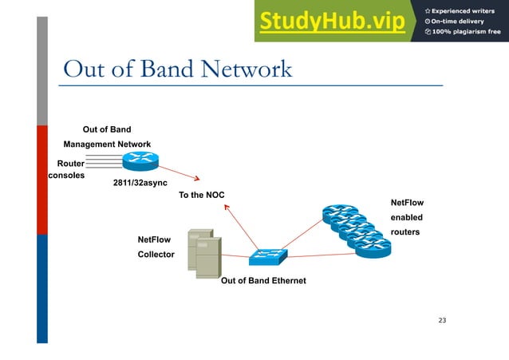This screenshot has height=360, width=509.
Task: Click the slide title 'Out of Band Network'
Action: point(177,69)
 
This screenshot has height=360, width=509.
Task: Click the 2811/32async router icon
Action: point(140,162)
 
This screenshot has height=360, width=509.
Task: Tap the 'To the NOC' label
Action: point(201,195)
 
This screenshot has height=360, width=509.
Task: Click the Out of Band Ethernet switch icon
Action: point(267,257)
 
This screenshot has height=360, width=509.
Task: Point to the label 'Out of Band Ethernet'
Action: point(262,281)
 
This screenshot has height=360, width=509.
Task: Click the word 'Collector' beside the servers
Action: point(156,254)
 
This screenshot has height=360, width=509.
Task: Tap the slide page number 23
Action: point(443,321)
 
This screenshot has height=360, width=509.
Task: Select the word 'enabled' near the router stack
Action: point(406,217)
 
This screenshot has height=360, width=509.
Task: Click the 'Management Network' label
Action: point(107,144)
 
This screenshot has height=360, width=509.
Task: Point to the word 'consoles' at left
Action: point(67,175)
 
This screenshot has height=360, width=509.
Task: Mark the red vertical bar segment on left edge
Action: point(42,180)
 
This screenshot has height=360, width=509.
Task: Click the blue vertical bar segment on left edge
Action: point(42,287)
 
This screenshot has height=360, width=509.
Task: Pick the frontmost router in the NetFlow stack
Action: point(373,248)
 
